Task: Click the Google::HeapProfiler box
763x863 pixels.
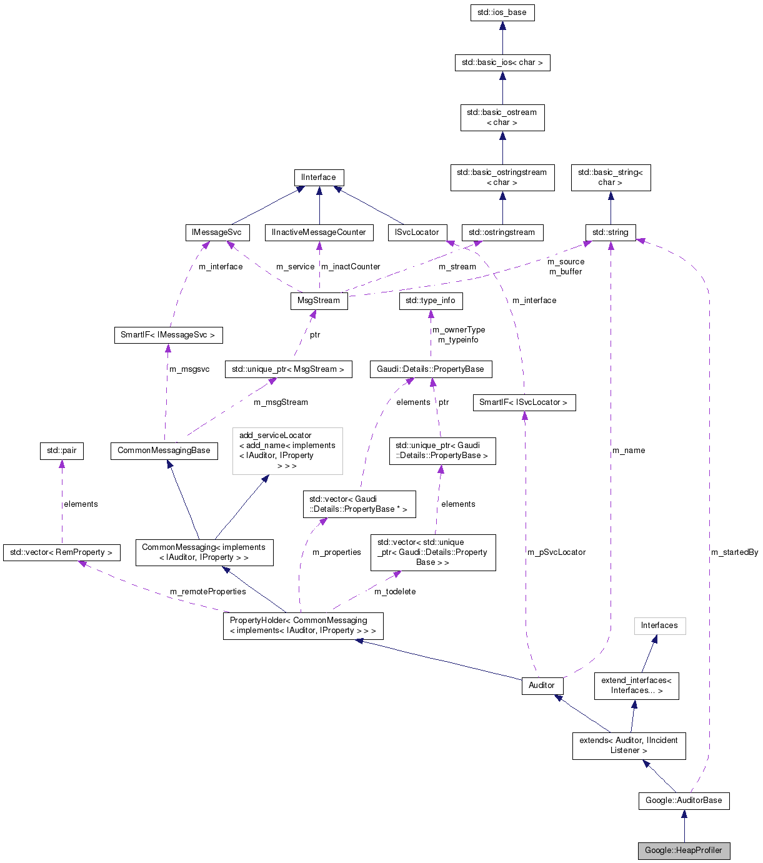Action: click(684, 851)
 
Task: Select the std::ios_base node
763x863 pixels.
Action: click(502, 12)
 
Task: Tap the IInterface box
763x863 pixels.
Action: click(319, 177)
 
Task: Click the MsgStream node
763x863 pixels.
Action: click(319, 301)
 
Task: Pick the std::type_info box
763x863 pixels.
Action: click(431, 301)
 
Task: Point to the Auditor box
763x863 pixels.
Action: click(542, 686)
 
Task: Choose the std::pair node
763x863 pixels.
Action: click(61, 451)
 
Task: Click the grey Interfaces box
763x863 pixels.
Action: click(659, 626)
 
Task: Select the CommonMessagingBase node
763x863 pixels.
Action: click(164, 451)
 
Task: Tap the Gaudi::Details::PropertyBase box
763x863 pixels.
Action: click(431, 369)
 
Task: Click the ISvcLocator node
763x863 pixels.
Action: click(417, 232)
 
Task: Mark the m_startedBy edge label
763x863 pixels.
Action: click(734, 552)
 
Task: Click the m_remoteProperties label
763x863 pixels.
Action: click(208, 592)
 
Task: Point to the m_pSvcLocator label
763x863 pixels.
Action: click(556, 552)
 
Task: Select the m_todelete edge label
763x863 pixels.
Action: click(395, 592)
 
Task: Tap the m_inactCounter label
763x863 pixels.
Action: click(351, 267)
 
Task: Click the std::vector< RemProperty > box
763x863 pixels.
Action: click(61, 552)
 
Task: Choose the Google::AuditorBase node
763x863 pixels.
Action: click(684, 801)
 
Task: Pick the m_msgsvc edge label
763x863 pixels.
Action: click(189, 369)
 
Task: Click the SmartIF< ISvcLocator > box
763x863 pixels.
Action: click(524, 402)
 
